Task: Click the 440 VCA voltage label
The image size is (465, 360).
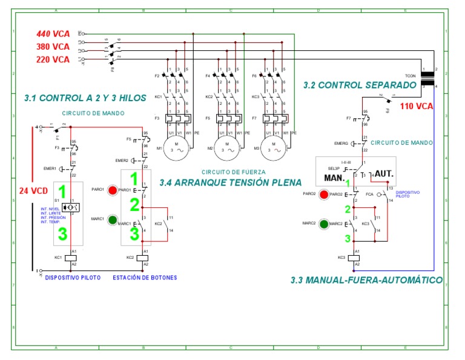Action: pos(53,34)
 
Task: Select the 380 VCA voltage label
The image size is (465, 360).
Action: pos(53,47)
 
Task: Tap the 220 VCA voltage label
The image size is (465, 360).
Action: pos(53,59)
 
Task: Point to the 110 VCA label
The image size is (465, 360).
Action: pos(417,105)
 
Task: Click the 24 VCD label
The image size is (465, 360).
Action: pos(31,190)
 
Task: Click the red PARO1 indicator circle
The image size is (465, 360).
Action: pos(112,190)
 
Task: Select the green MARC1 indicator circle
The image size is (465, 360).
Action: pos(112,219)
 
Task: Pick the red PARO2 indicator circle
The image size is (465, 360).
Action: pos(324,195)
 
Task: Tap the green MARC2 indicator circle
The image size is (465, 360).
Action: pos(324,224)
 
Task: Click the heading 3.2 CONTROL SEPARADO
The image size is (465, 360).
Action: pos(360,85)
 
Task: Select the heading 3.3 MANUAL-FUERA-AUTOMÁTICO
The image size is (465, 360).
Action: pos(366,281)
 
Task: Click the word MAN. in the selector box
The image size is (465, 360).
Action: pos(335,178)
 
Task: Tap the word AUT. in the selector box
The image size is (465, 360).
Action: pos(384,174)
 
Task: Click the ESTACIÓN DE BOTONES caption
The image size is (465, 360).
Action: pos(145,278)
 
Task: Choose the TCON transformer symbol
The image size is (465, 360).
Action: pos(429,78)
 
